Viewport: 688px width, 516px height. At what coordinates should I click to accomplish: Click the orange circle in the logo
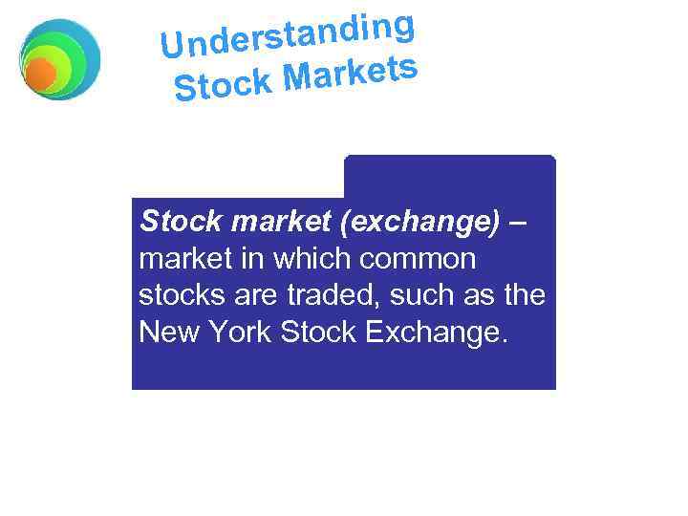pyautogui.click(x=40, y=74)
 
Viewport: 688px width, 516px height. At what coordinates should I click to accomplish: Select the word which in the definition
pyautogui.click(x=301, y=260)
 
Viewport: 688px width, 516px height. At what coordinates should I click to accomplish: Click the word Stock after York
pyautogui.click(x=321, y=333)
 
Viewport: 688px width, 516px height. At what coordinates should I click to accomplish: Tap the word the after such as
pyautogui.click(x=524, y=296)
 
